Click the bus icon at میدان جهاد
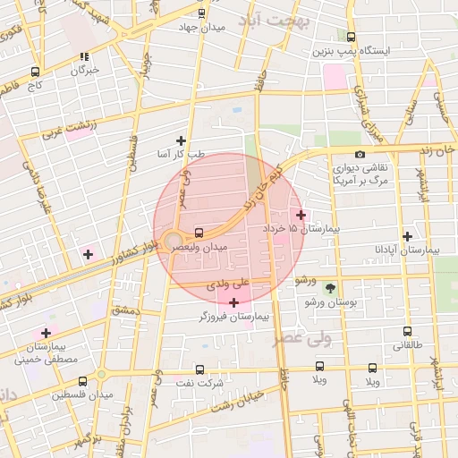[201, 13]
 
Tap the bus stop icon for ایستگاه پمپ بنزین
[351, 38]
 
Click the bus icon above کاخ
[35, 72]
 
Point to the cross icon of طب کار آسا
[182, 140]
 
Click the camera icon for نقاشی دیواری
[360, 154]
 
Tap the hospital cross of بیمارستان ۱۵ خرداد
[301, 216]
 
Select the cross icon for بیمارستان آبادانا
[408, 236]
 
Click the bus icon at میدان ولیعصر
[199, 233]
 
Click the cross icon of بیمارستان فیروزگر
[234, 302]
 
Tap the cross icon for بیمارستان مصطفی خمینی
[46, 333]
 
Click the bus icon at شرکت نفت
[199, 369]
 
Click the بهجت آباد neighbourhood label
[278, 21]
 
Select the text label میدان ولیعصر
[205, 246]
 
